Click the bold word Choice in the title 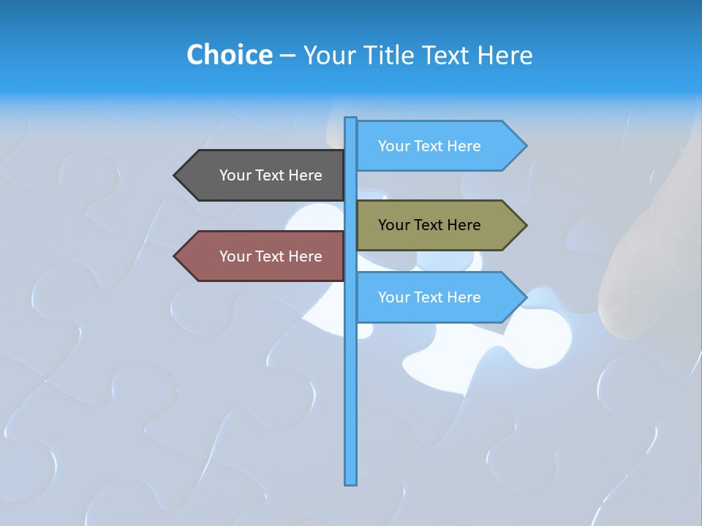pyautogui.click(x=229, y=55)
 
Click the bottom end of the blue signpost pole pyautogui.click(x=351, y=482)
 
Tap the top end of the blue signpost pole pyautogui.click(x=351, y=120)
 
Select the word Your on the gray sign pyautogui.click(x=235, y=175)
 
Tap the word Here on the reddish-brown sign pyautogui.click(x=305, y=256)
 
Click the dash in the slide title pyautogui.click(x=287, y=56)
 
